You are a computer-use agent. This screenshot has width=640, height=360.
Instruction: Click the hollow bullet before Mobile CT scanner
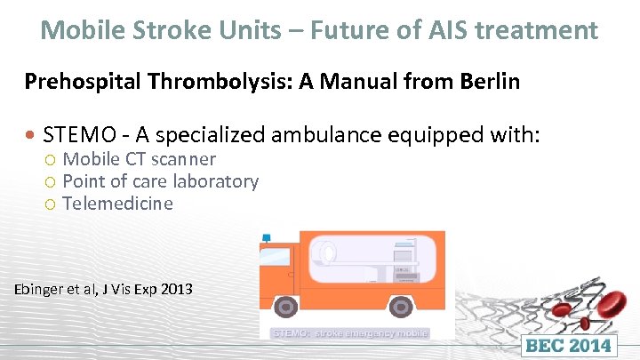click(52, 160)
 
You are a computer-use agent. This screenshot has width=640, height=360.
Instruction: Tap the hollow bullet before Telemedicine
click(52, 204)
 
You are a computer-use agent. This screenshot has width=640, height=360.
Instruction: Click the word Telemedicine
click(117, 204)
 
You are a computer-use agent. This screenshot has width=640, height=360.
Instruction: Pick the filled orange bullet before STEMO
click(32, 136)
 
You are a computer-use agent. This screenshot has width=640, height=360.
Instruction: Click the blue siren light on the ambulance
click(266, 238)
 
